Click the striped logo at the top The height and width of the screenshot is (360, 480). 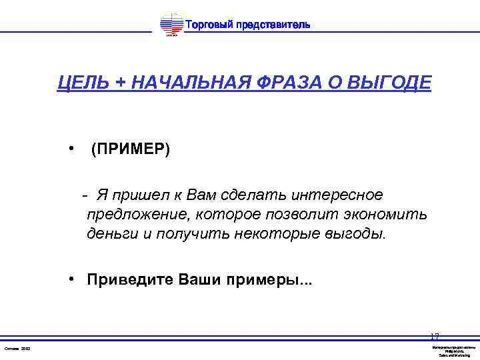point(171,26)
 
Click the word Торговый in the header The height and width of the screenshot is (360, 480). point(207,25)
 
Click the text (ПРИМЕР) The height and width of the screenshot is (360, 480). point(131,149)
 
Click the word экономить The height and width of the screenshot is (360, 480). point(384,215)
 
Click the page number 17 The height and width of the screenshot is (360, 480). point(435,337)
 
